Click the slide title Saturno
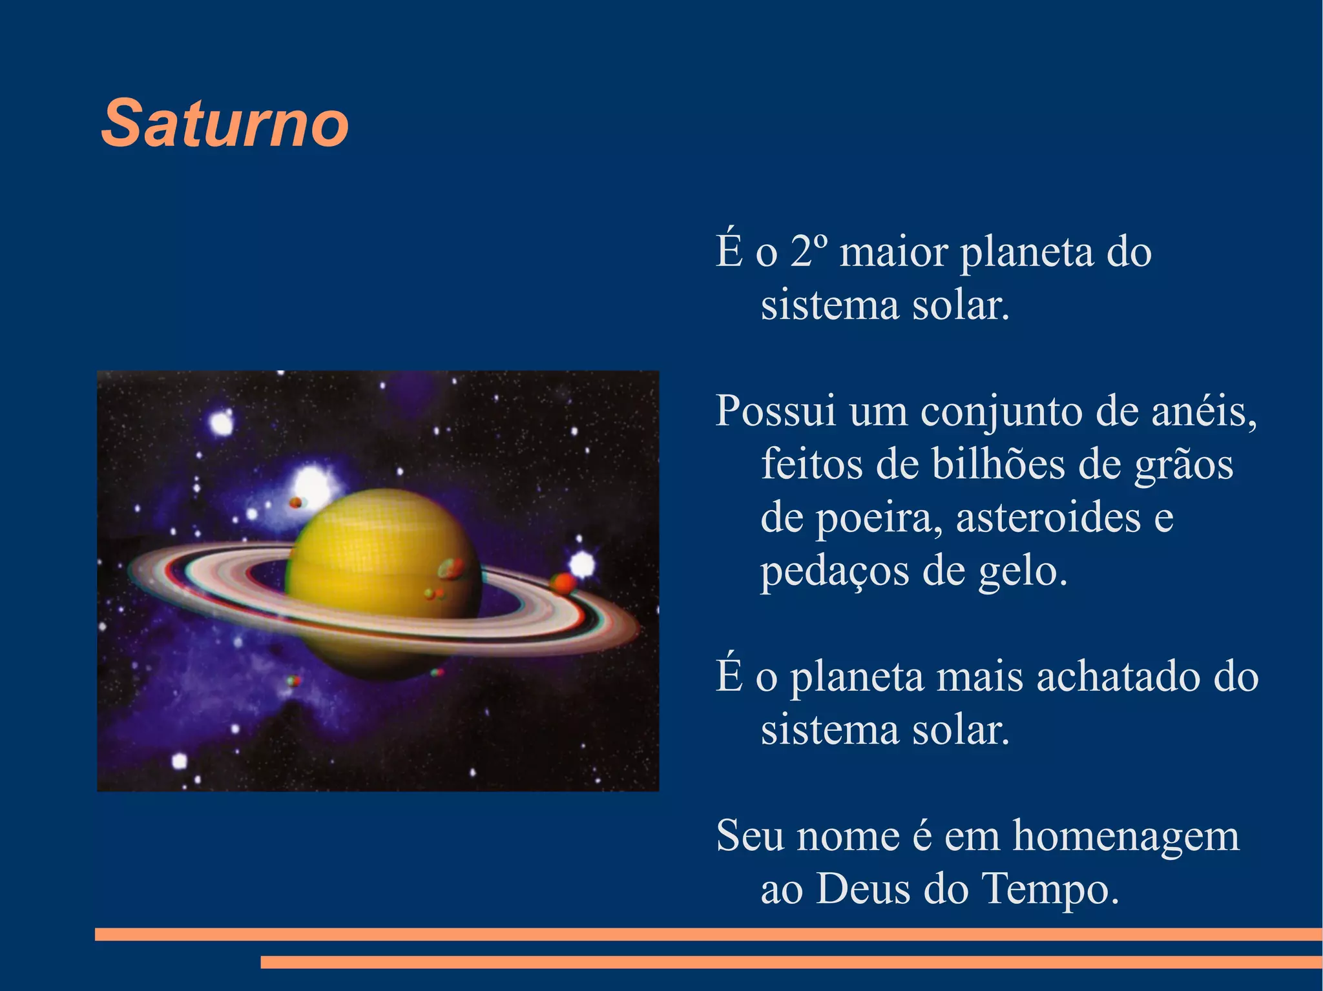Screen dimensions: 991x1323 [225, 123]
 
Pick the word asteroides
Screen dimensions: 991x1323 [1048, 517]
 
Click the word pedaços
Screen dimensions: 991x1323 [834, 571]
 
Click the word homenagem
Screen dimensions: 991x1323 [1126, 835]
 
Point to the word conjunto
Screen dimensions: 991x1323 [1001, 412]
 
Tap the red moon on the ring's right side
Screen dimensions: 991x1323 [563, 583]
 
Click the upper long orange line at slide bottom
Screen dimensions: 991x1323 [708, 934]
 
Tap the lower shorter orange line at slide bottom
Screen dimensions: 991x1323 [791, 962]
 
